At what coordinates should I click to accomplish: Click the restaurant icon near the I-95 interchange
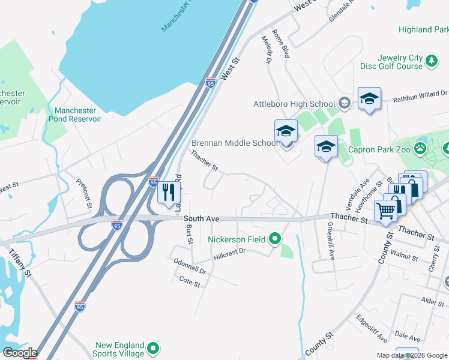(168, 193)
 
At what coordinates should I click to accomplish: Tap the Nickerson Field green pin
(275, 239)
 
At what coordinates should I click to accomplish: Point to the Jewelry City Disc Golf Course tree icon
(430, 60)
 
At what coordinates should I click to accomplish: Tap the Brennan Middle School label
(234, 143)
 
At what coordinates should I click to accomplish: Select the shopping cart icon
(386, 211)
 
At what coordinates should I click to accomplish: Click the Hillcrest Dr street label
(230, 254)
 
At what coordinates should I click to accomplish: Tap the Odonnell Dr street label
(190, 267)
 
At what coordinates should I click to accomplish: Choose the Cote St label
(189, 280)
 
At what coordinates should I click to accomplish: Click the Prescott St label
(83, 193)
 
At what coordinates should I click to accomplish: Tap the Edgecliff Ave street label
(371, 328)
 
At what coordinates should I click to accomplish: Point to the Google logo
(19, 353)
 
